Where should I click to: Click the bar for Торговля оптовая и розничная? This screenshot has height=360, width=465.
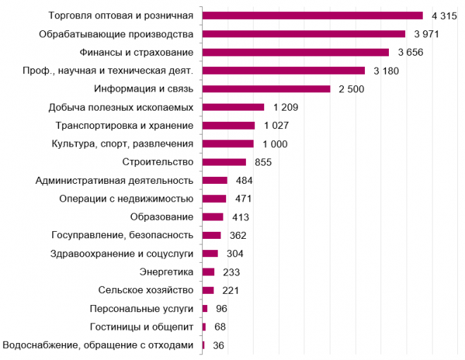click(313, 15)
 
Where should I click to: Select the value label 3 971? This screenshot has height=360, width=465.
click(426, 34)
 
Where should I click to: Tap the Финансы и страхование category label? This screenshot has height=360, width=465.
click(137, 53)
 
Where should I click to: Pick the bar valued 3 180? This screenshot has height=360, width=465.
click(284, 70)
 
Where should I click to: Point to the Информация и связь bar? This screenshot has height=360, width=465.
click(266, 89)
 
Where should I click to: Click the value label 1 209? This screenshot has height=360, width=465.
click(285, 107)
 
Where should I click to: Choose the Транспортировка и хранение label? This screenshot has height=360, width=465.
click(125, 125)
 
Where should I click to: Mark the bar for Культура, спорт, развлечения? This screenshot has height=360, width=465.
click(228, 144)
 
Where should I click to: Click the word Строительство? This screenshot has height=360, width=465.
click(158, 162)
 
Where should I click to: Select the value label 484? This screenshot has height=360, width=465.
click(244, 180)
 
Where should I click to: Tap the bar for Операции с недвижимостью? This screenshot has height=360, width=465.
click(214, 199)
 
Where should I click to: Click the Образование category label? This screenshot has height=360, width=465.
click(161, 217)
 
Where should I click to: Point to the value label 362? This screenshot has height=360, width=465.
click(238, 235)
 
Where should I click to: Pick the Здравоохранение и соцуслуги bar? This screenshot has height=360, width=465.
click(210, 254)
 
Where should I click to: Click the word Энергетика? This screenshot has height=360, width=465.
click(166, 272)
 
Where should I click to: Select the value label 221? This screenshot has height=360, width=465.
click(230, 290)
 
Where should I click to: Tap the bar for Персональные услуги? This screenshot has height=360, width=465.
click(205, 309)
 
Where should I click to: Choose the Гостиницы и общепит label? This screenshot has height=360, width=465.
click(142, 327)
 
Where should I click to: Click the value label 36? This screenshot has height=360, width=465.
click(218, 345)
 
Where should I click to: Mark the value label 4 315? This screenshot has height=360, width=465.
click(445, 15)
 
